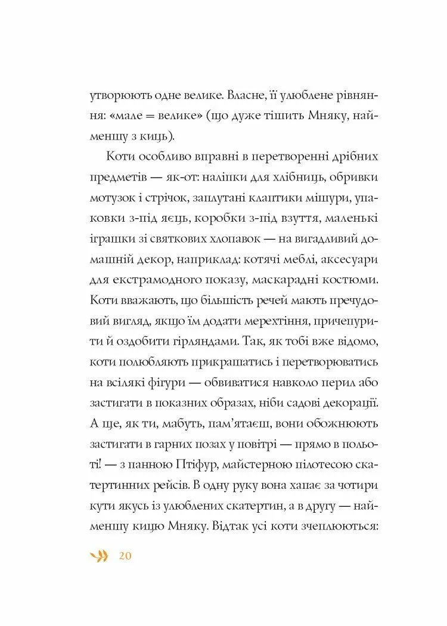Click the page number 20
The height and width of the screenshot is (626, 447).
(x=125, y=556)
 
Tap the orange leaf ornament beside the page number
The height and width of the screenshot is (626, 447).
(x=100, y=556)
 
